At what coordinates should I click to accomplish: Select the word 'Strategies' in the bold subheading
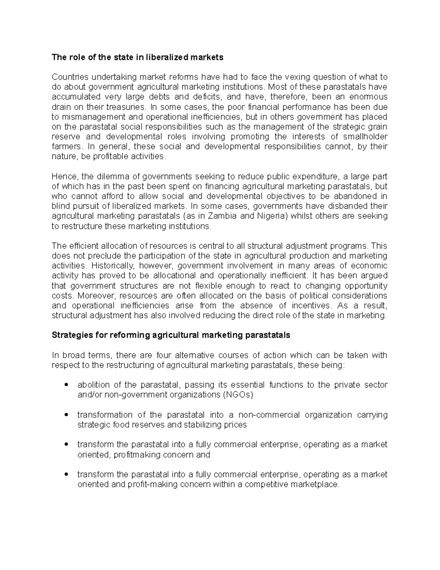70,335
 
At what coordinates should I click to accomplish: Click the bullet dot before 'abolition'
66,385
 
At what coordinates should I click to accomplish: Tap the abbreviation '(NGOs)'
238,395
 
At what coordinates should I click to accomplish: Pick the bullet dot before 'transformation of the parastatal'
66,415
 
